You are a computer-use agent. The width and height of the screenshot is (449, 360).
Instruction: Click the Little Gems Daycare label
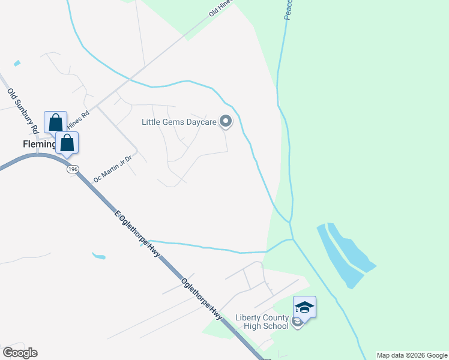[178, 122]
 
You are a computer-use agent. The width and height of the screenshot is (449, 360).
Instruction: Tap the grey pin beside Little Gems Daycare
[226, 122]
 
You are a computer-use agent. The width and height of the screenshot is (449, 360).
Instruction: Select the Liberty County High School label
[262, 321]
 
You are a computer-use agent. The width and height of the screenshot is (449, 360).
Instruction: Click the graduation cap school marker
[304, 308]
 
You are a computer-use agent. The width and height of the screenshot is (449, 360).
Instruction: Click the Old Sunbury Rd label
[23, 110]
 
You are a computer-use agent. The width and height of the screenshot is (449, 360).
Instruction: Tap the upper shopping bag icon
[55, 122]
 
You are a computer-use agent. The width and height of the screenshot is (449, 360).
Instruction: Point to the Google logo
[20, 352]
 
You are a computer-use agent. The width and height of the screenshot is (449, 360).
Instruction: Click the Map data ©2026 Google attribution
[412, 355]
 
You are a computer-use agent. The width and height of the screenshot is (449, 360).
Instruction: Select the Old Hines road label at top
[221, 8]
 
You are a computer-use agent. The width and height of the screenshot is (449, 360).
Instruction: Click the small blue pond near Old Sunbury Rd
[16, 63]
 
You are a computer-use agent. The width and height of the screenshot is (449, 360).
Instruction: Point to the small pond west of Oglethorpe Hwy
[98, 256]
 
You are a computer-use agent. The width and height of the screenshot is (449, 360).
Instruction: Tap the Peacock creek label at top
[288, 10]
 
